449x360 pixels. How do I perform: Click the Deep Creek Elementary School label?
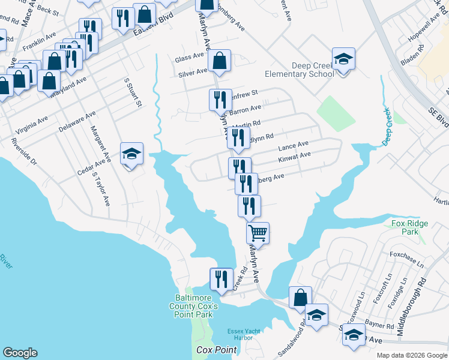click(300, 70)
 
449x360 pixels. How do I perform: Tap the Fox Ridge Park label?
click(410, 227)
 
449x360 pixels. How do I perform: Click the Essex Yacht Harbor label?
click(245, 334)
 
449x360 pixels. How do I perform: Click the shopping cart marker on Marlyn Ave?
click(258, 232)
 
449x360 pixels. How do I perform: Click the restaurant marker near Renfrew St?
click(220, 99)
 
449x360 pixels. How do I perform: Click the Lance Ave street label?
click(294, 146)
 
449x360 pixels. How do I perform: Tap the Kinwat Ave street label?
click(294, 157)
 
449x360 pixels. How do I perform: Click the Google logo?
click(20, 353)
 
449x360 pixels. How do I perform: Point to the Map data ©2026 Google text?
click(412, 355)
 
